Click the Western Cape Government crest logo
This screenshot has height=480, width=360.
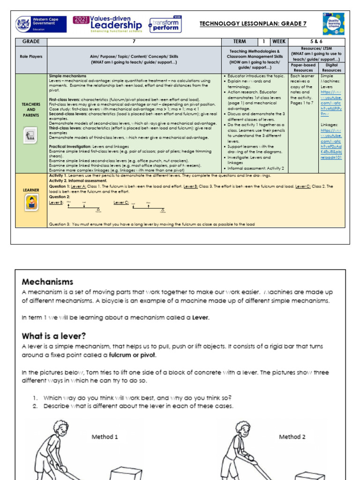pos(23,24)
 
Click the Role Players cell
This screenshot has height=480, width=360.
pos(31,56)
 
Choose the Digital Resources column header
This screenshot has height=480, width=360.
pos(332,67)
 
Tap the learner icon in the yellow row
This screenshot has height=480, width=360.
pos(31,202)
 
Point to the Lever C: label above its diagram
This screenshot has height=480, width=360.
pos(120,202)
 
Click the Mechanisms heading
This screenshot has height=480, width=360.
pos(47,282)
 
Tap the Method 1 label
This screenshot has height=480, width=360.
pos(105,436)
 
